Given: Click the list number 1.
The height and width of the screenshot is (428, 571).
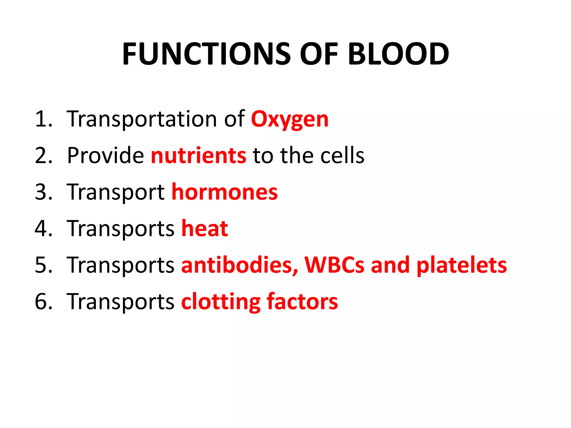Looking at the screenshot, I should [x=43, y=119].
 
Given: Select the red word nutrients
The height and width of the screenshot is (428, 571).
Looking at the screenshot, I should [x=199, y=155].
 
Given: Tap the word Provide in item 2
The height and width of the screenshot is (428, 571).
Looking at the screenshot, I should [x=105, y=155].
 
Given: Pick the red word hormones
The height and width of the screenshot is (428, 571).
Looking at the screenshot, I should [x=224, y=192].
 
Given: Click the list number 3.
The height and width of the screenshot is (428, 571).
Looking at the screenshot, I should [x=43, y=192].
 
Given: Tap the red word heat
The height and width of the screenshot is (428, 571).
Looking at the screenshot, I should [x=205, y=228].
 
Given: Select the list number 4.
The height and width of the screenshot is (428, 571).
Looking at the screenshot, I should [x=43, y=228].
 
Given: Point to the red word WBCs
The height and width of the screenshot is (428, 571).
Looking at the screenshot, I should [x=334, y=265].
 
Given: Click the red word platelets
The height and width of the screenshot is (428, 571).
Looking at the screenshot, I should [x=461, y=265].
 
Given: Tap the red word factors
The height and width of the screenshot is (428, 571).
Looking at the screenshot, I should [x=302, y=302].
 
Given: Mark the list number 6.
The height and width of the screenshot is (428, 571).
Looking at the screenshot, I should [x=43, y=302].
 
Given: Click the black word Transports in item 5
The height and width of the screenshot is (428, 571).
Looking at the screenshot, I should [x=120, y=265].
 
